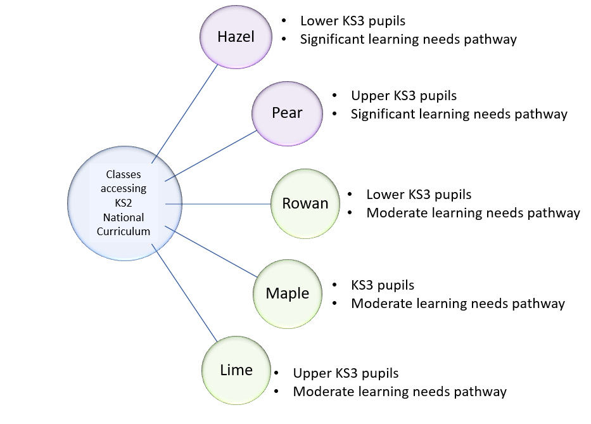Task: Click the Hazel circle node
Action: (x=236, y=37)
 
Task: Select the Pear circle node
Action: (x=287, y=113)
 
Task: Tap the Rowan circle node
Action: (x=305, y=203)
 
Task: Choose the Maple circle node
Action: (x=287, y=293)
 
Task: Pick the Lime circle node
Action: (x=236, y=370)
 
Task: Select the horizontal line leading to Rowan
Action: (x=219, y=204)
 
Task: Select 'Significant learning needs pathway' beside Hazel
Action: (x=408, y=39)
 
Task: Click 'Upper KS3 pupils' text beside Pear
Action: (x=404, y=96)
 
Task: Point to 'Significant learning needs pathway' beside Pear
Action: (x=459, y=115)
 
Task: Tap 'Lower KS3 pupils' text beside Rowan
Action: (x=419, y=195)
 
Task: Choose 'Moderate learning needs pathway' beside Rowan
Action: (x=473, y=213)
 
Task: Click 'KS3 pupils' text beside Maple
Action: (x=383, y=285)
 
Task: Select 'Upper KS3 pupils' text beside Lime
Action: (x=345, y=373)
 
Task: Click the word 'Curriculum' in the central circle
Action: (x=124, y=231)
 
